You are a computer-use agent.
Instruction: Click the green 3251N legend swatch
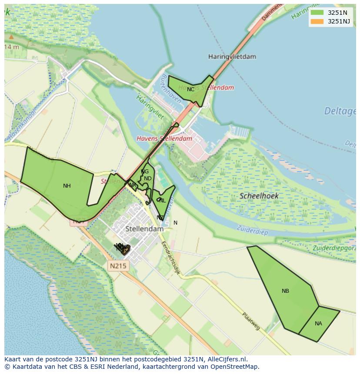coord(317,13)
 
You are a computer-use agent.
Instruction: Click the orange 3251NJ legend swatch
coord(317,21)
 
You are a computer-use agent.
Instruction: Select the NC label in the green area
coord(190,89)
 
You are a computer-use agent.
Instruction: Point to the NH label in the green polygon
coord(67,186)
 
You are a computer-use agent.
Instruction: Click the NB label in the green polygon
coord(285,291)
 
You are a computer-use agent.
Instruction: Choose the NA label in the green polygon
coord(318,324)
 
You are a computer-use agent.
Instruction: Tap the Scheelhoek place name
coord(259,196)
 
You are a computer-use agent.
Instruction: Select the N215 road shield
coord(118,265)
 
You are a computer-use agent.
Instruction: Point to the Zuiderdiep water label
coord(251,229)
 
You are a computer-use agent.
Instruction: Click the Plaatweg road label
coord(251,321)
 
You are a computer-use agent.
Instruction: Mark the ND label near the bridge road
coord(148,179)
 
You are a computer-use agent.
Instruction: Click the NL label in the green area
coord(162,201)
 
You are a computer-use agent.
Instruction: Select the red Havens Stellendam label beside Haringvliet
coord(164,139)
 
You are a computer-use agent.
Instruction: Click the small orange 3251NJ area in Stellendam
coord(125,250)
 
